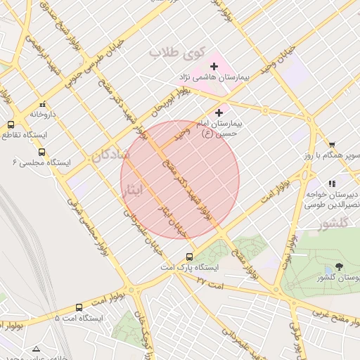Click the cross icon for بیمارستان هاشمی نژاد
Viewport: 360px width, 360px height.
tap(214, 66)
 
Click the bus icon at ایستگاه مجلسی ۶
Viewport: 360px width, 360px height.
tap(41, 152)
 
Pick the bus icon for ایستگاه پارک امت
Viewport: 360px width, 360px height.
tap(189, 257)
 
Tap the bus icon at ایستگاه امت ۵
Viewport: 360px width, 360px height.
tap(79, 307)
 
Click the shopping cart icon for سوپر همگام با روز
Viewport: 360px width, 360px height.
tap(332, 144)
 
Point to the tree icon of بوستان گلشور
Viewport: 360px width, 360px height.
tap(340, 267)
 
